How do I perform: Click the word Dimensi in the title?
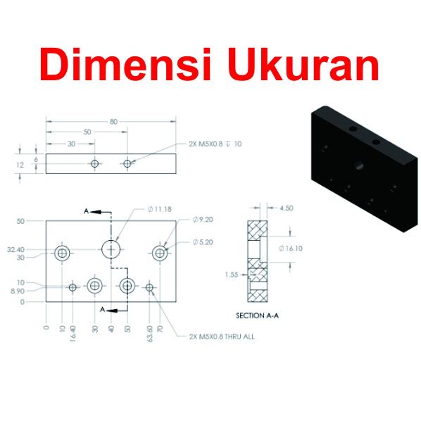tap(125, 64)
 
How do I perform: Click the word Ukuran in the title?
tap(303, 65)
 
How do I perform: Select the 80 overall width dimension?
tap(113, 122)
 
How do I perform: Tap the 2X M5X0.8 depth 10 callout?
tap(215, 144)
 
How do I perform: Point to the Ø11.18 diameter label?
tap(160, 209)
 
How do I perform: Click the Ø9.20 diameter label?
tap(203, 220)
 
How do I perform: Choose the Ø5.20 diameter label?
tap(203, 242)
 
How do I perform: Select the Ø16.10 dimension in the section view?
tap(291, 249)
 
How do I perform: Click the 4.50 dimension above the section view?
tap(287, 208)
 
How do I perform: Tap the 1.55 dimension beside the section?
tap(232, 275)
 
